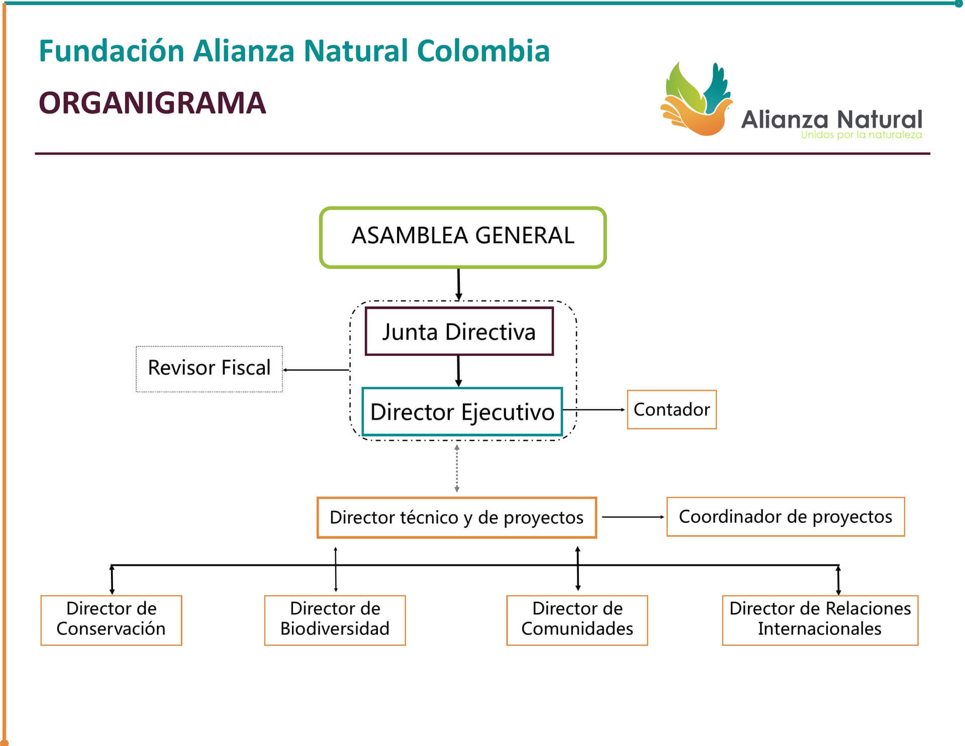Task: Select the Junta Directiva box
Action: pos(459,332)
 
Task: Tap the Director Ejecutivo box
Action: pos(462,412)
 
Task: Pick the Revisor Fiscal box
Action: pos(209,368)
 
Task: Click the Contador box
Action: pos(671,410)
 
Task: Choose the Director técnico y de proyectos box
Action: pos(456,518)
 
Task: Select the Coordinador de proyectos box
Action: pos(785,517)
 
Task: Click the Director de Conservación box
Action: pos(111,620)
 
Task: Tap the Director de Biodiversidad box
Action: pos(335,620)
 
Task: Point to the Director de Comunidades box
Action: pos(577,620)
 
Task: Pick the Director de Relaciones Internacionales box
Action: pos(820,620)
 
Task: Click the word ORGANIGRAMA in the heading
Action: pos(152,103)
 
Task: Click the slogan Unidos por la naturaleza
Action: pos(861,135)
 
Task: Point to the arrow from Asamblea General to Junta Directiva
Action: pos(458,284)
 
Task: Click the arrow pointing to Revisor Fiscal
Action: pos(316,370)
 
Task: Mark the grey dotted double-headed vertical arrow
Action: pos(456,468)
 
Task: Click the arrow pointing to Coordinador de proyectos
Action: pos(633,517)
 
